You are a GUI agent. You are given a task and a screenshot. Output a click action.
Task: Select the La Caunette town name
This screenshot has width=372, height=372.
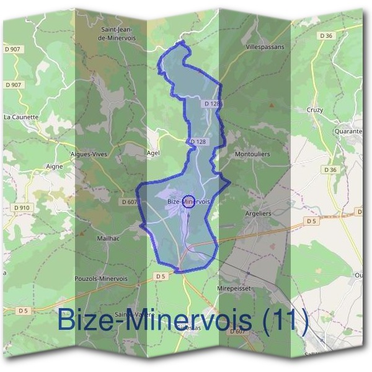click(21, 117)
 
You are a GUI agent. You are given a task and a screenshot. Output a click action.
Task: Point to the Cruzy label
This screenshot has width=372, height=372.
click(314, 110)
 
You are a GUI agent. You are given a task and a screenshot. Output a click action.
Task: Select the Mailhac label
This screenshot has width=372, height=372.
click(108, 237)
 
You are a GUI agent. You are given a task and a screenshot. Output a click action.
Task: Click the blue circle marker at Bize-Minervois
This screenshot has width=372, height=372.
click(190, 201)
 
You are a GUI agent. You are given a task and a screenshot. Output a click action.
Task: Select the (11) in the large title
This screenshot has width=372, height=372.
click(284, 321)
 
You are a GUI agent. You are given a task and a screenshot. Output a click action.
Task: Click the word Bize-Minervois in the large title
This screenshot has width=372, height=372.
click(155, 321)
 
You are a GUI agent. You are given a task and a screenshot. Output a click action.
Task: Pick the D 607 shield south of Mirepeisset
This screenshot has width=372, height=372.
click(239, 332)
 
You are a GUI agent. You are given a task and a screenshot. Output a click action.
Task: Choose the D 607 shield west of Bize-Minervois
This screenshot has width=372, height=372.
click(129, 201)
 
